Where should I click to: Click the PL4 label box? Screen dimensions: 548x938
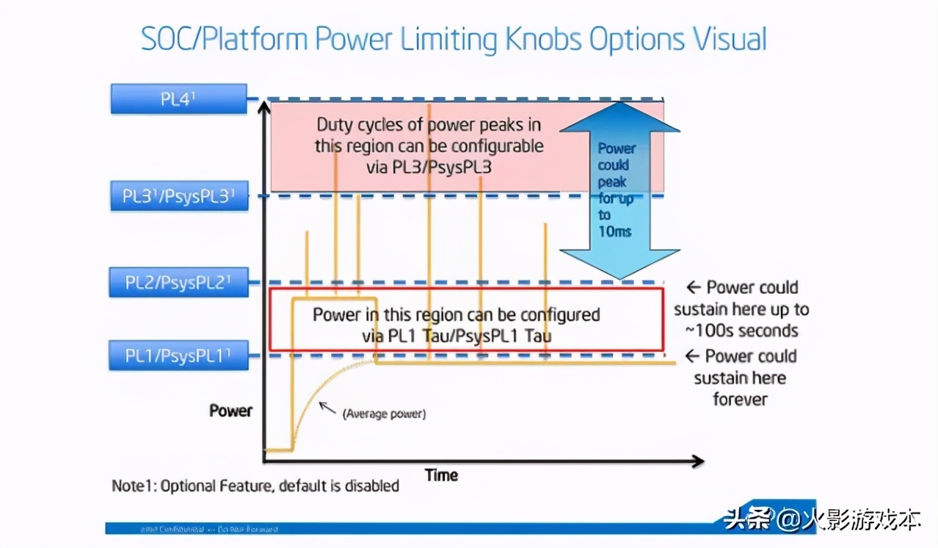(x=178, y=99)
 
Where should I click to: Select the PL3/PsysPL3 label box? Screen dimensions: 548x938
(x=178, y=196)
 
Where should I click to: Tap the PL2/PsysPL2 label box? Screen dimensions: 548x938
(x=178, y=283)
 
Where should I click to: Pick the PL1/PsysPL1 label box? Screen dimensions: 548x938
(x=178, y=356)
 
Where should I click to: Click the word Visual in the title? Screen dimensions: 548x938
(x=724, y=38)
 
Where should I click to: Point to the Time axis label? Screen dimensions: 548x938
(x=442, y=475)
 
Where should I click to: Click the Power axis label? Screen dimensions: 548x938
(x=230, y=411)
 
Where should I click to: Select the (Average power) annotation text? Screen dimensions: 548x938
(x=384, y=414)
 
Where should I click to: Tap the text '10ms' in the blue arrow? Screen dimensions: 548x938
(x=615, y=231)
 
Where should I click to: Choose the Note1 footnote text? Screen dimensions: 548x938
(x=255, y=486)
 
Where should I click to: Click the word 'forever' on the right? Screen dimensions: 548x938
(x=740, y=400)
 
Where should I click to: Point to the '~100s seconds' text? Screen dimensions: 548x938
(x=746, y=331)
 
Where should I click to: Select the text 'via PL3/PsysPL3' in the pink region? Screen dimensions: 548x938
(x=429, y=167)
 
